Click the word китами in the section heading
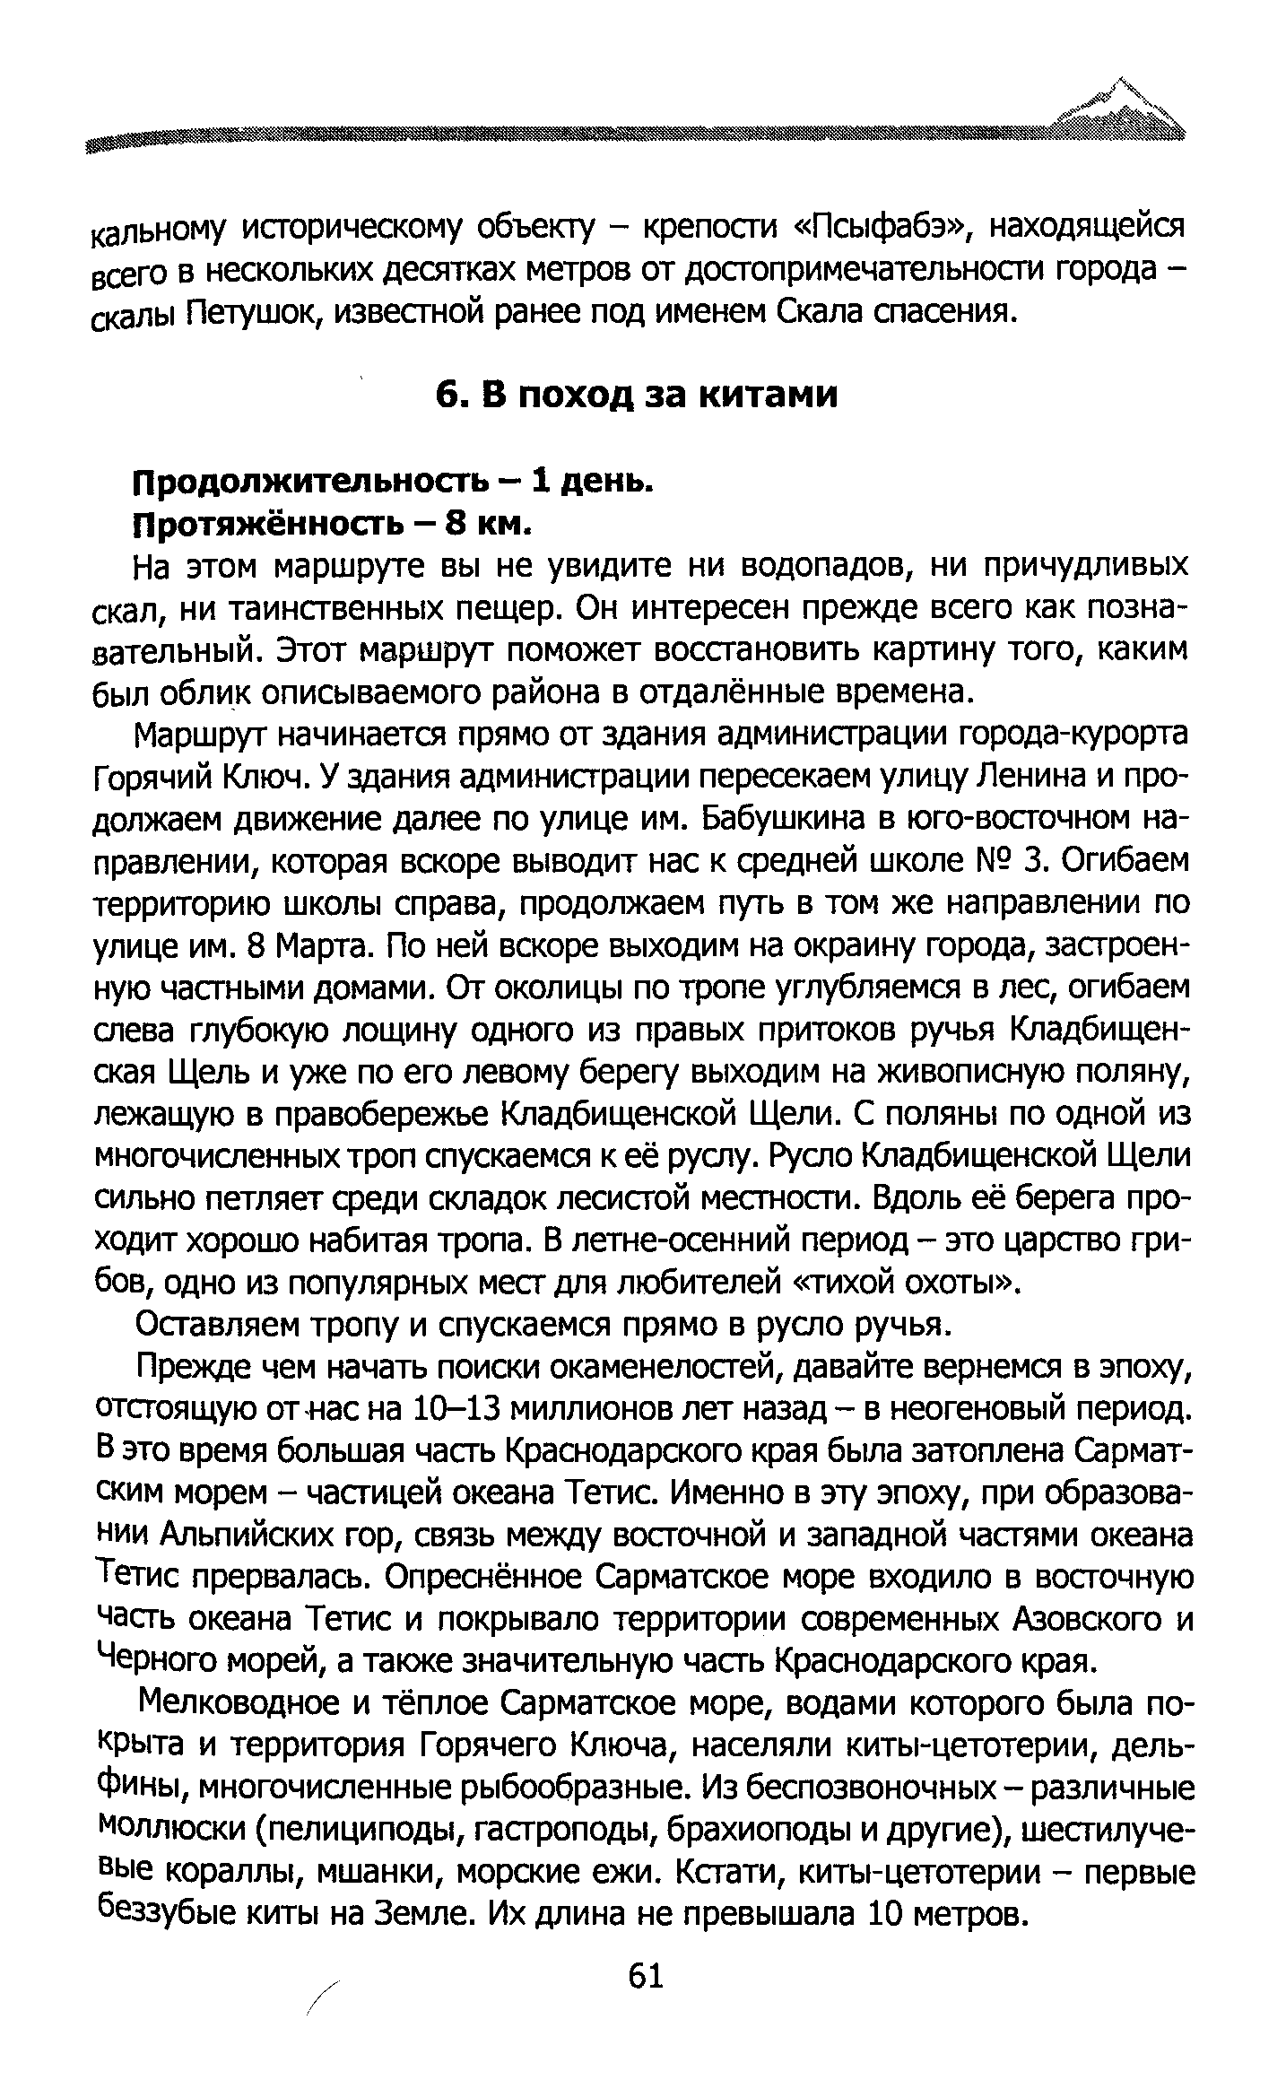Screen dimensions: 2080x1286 point(768,395)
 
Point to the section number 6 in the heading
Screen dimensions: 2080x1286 point(447,395)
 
